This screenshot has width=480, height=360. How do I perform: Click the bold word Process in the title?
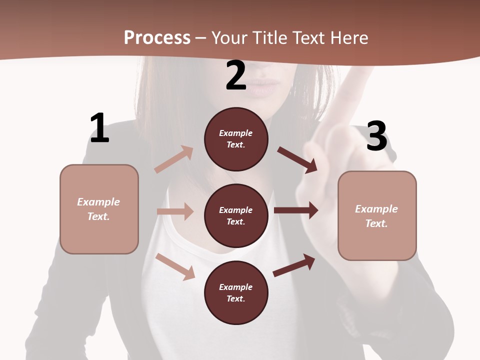pos(157,38)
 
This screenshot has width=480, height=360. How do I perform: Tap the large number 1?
pos(99,128)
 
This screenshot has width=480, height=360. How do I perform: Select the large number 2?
pos(236,76)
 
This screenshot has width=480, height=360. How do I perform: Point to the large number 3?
pos(376,136)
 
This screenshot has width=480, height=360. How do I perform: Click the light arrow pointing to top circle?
pos(174,159)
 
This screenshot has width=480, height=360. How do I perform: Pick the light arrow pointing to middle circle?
pos(175,211)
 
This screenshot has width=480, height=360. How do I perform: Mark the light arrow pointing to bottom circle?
pos(175,266)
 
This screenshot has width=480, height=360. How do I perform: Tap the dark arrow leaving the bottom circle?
pos(294,265)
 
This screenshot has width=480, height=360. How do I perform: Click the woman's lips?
pos(263,86)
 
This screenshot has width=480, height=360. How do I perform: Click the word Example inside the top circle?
pos(236,133)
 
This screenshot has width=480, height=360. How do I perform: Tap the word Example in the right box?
pos(376,209)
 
